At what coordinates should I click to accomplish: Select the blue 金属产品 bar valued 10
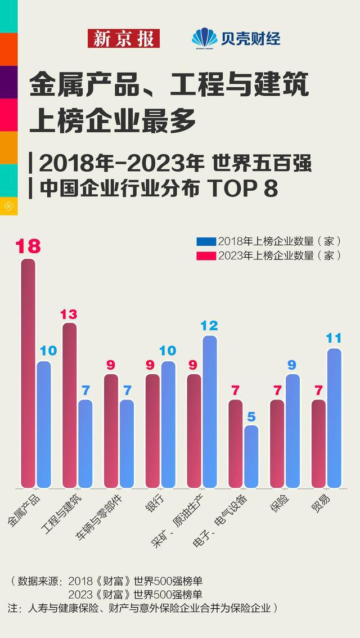pos(44,424)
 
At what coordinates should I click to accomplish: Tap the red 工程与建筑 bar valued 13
pos(70,405)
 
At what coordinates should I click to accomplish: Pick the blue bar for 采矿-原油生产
pos(210,411)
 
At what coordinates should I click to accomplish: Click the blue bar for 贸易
pos(335,418)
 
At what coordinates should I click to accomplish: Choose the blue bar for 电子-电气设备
pos(251,456)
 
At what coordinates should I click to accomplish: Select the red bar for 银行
pos(153,431)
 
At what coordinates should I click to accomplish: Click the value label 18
pos(28,246)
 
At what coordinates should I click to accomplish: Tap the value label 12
pos(210,325)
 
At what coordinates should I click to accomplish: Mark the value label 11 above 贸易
pos(335,338)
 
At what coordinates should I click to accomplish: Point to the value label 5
pos(251,417)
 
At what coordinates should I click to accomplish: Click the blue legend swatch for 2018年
pos(206,241)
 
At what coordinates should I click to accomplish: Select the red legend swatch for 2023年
pos(206,255)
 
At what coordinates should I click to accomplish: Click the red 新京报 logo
pos(124,38)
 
